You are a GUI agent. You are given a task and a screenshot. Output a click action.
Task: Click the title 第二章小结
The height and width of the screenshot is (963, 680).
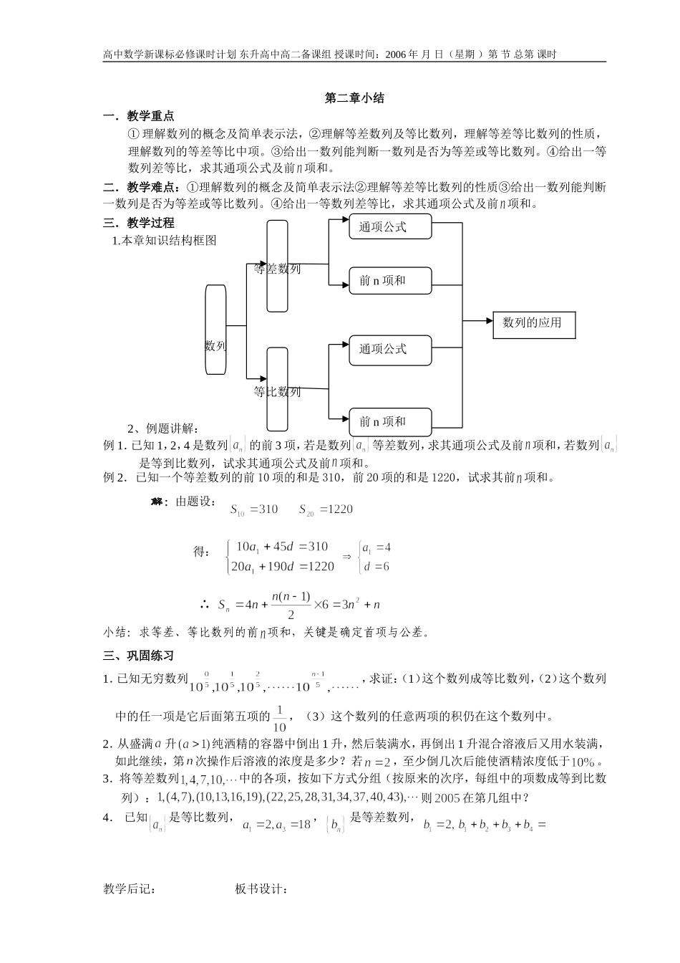point(354,98)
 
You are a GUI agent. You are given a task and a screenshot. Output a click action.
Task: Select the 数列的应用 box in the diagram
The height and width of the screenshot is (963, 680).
point(533,324)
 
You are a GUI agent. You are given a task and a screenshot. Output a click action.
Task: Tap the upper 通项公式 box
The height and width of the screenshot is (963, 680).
point(389,227)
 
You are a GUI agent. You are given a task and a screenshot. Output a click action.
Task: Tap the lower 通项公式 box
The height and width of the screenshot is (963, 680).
point(389,349)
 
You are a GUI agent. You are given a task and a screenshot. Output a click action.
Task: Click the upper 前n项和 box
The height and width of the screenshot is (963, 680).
point(389,280)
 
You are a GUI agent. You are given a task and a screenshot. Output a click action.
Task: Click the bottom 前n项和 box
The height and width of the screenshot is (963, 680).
point(389,421)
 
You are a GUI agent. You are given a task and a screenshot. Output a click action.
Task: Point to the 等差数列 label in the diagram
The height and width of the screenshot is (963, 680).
point(278,269)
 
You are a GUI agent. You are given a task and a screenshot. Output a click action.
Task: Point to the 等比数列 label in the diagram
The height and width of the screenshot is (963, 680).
point(278,392)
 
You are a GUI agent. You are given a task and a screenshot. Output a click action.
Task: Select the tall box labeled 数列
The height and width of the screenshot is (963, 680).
point(215,330)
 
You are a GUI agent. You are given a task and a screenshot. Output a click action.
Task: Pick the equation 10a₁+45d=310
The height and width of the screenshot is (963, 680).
point(281,547)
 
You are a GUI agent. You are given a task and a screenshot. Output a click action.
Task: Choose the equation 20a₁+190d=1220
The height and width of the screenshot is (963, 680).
point(281,567)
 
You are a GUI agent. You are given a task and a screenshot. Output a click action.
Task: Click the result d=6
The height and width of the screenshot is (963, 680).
point(376,567)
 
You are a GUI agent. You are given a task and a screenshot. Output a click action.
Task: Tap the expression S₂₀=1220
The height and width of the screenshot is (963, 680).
point(326,509)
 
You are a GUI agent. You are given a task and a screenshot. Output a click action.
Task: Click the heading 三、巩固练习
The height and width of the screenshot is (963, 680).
point(138,656)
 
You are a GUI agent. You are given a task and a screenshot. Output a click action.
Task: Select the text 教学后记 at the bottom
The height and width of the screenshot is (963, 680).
point(129,889)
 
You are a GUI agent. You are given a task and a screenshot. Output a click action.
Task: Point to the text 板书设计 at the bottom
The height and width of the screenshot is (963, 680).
point(261,889)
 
